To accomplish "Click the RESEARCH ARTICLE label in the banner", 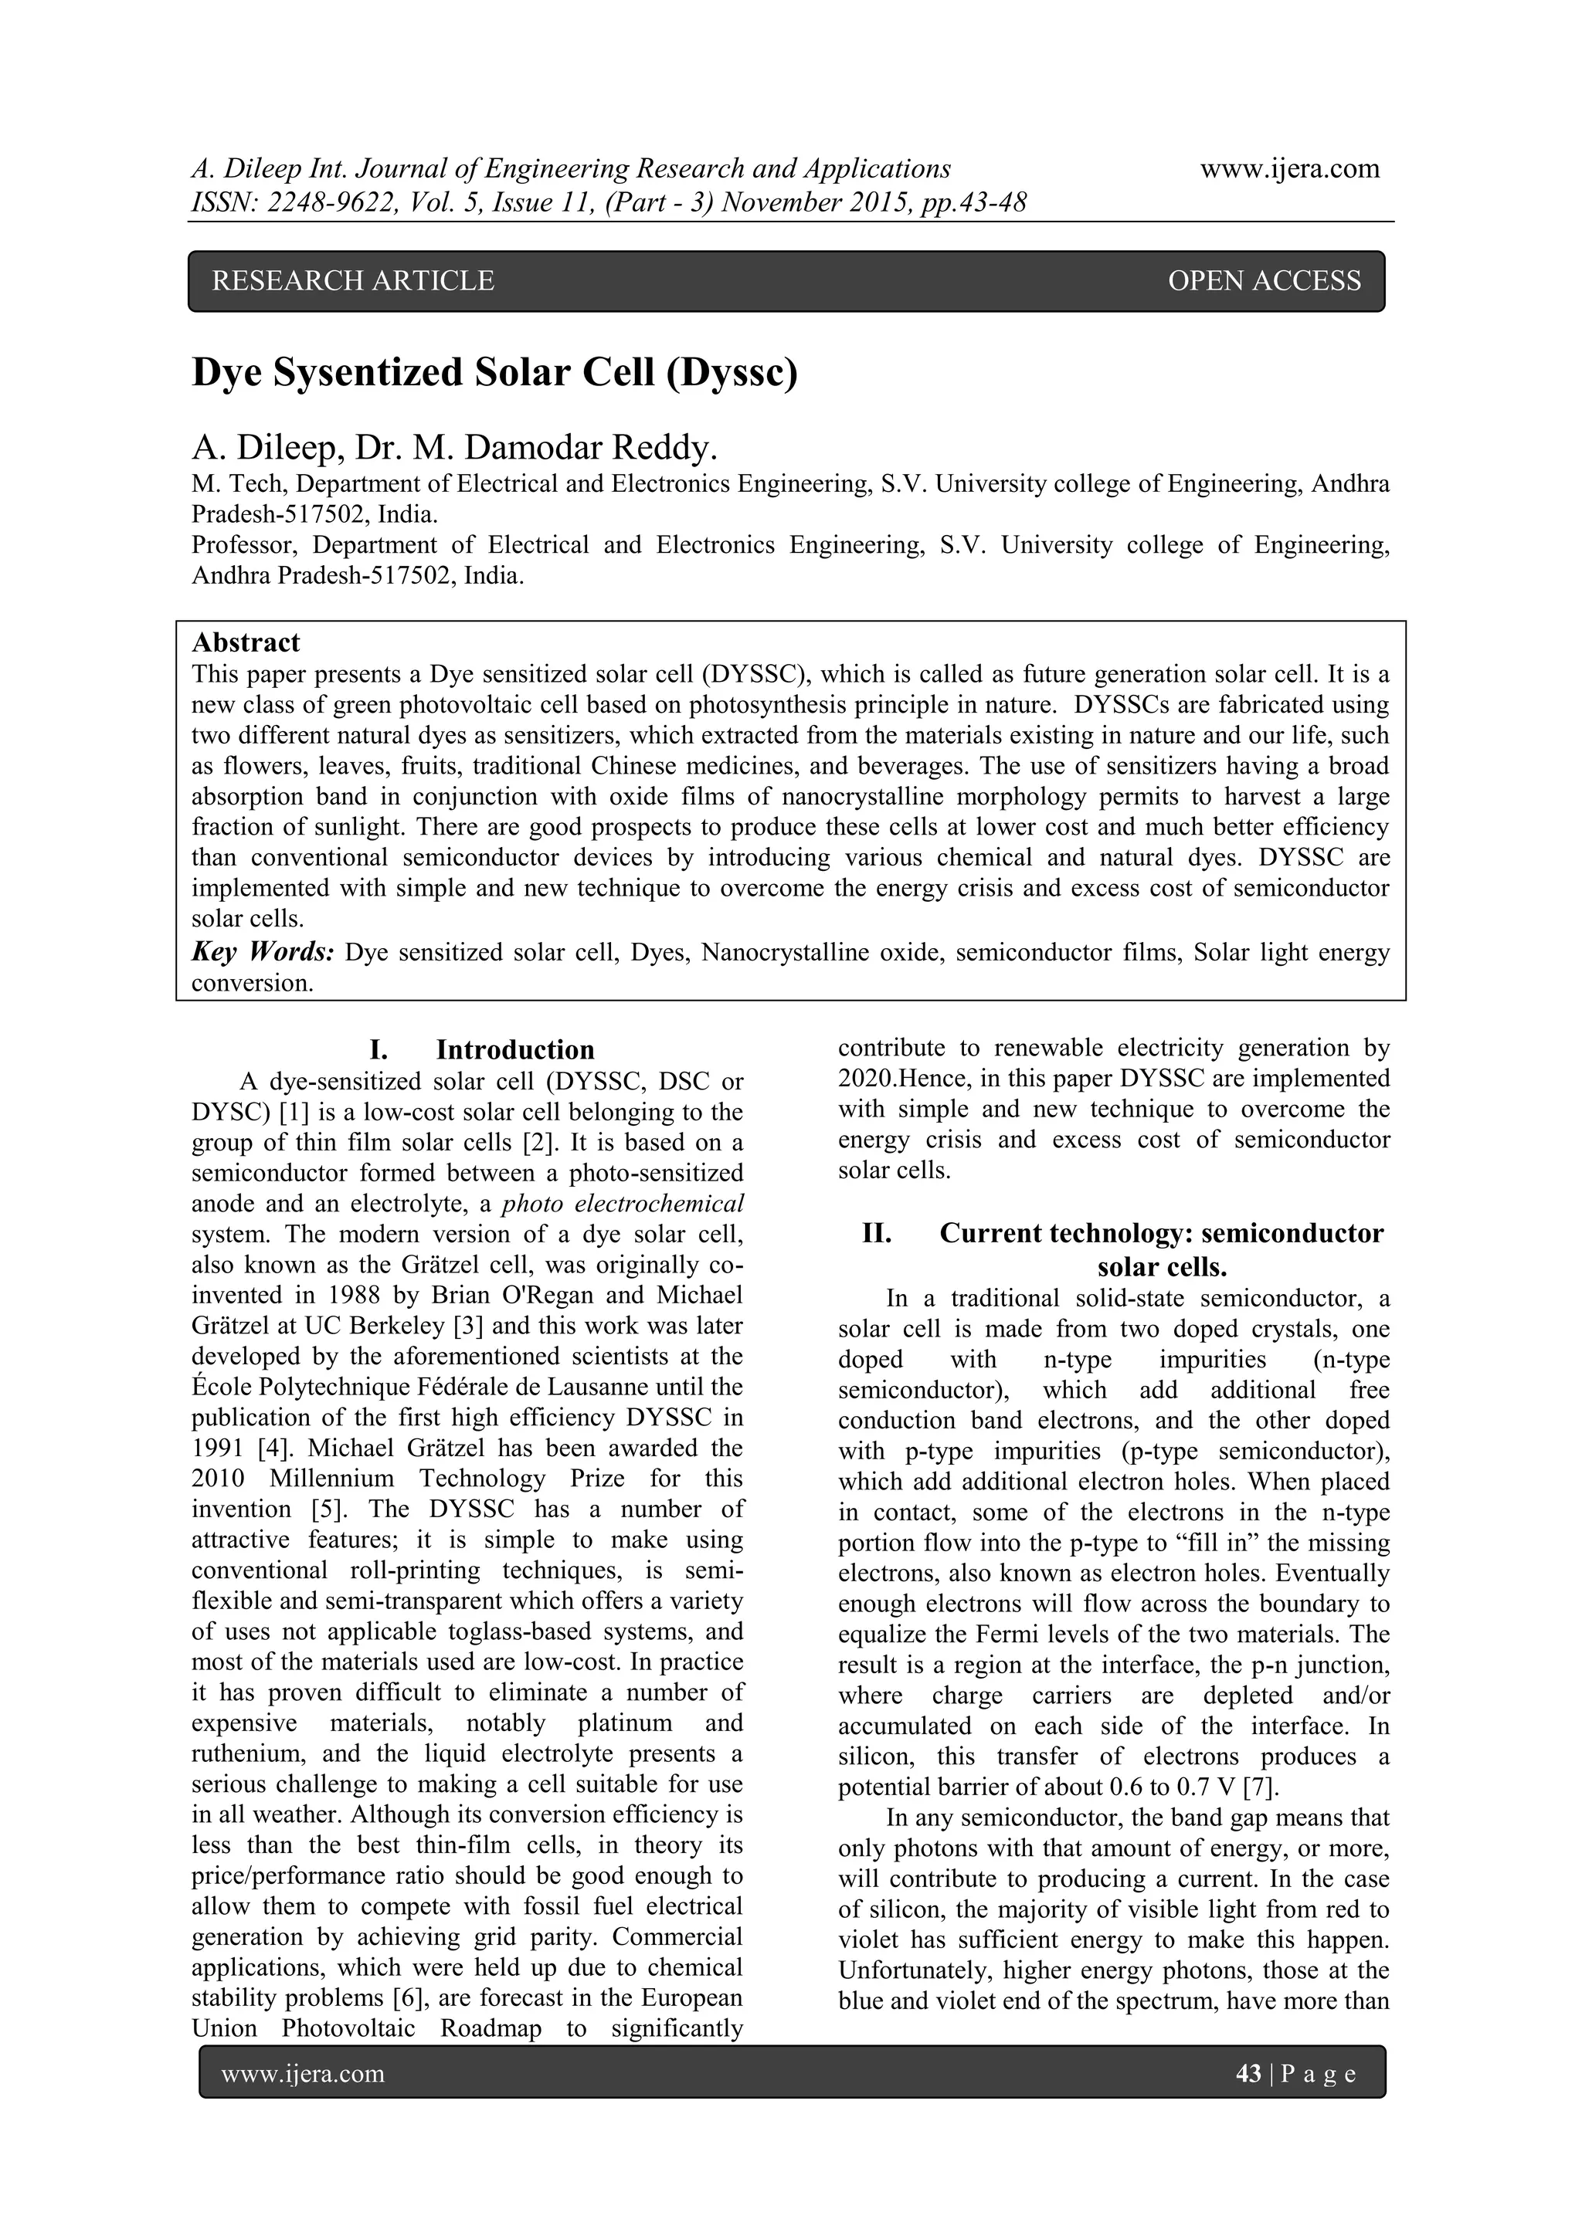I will click(x=353, y=282).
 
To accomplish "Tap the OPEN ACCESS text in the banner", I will click(x=1264, y=282).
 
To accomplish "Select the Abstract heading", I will click(x=246, y=642).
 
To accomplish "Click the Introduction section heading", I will click(x=514, y=1050).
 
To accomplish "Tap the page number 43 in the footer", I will click(x=1248, y=2075).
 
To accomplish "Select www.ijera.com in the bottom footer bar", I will click(x=303, y=2075).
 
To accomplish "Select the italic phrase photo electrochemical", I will click(x=623, y=1204).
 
